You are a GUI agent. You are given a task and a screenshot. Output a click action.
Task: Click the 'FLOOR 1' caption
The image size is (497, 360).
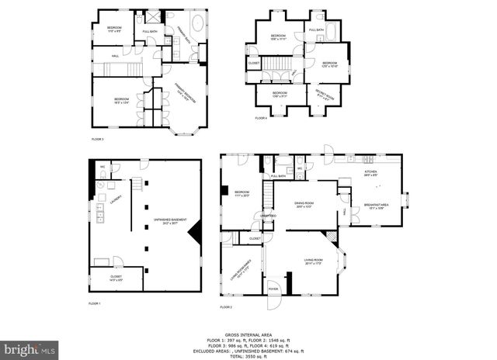pyautogui.click(x=96, y=303)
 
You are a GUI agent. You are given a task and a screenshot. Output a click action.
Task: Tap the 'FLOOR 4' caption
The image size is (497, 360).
pyautogui.click(x=261, y=118)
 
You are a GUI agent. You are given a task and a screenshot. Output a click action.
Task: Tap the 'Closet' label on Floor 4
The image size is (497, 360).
pyautogui.click(x=254, y=63)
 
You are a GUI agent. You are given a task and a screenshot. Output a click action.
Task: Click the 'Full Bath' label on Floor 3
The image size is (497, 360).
pyautogui.click(x=149, y=32)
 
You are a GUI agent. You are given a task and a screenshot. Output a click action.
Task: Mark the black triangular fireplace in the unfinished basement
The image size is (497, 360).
pyautogui.click(x=198, y=230)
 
